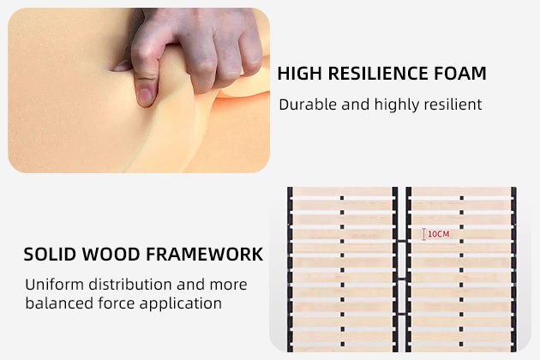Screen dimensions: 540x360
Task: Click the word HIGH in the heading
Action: pos(299,74)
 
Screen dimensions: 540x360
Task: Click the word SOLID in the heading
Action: pos(49,255)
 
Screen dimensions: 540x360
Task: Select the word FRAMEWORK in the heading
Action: pos(205,255)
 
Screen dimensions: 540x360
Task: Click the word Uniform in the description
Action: pos(54,285)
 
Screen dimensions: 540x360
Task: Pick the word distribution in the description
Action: pos(130,285)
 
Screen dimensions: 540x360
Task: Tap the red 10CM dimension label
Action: pos(439,234)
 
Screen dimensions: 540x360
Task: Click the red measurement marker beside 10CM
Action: pos(423,234)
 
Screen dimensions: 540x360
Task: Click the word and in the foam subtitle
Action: pos(356,105)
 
